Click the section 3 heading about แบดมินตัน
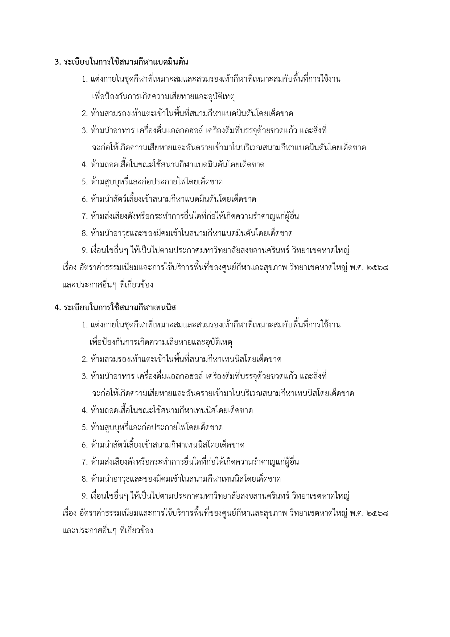[x=121, y=62]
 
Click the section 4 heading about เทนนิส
[x=115, y=308]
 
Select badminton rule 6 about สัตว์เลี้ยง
[x=169, y=199]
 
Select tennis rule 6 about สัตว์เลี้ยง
[x=163, y=445]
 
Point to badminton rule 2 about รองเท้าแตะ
[x=187, y=114]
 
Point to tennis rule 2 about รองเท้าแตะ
[x=182, y=359]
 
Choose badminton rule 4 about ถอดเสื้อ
[x=173, y=165]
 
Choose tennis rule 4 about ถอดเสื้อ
[x=167, y=411]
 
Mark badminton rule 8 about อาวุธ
[x=187, y=233]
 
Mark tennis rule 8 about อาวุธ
[x=181, y=479]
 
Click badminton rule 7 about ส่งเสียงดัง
[x=190, y=216]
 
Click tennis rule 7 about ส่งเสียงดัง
[x=190, y=462]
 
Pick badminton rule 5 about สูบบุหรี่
[x=152, y=182]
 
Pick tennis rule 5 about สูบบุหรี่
[x=152, y=428]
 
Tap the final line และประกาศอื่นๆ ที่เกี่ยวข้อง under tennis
[x=108, y=530]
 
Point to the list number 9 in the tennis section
[x=84, y=496]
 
